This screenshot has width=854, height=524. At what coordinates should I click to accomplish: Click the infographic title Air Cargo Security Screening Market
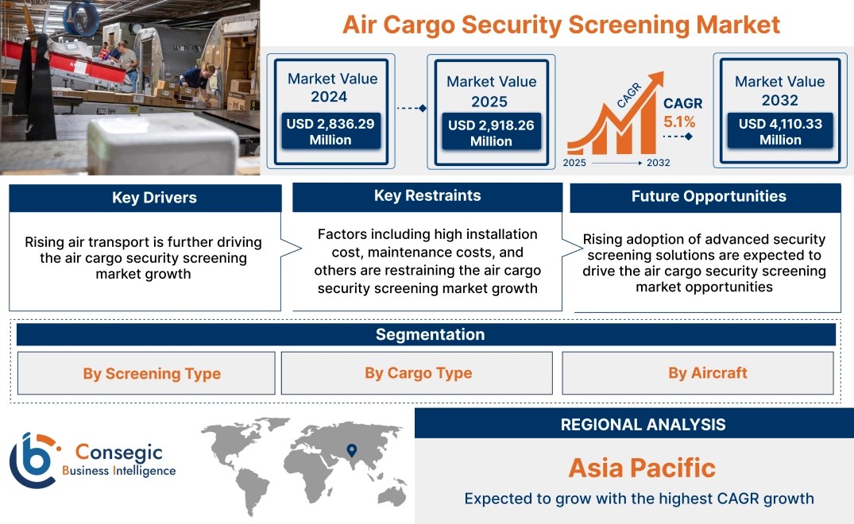tap(561, 25)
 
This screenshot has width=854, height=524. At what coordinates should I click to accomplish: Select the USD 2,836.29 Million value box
tap(330, 131)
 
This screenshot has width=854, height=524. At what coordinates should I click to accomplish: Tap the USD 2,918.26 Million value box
tap(491, 132)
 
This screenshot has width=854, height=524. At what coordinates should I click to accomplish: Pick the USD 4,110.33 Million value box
tap(780, 131)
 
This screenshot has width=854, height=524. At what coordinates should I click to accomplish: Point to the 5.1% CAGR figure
tap(679, 122)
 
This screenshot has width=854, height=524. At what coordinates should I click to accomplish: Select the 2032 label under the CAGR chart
tap(658, 163)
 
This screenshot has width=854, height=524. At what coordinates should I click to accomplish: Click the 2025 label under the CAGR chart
tap(574, 163)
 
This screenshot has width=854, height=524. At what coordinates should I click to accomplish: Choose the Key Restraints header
tap(427, 196)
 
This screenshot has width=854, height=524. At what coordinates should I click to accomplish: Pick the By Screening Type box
tap(146, 373)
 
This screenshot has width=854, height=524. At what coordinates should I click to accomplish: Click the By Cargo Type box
tap(416, 373)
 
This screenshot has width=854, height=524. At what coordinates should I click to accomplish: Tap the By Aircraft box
tap(697, 373)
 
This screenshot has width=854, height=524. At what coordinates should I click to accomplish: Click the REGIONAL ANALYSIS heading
tap(643, 425)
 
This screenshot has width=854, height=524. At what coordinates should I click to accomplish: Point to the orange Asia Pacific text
tap(642, 468)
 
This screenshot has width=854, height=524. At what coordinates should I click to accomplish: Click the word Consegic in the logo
tap(119, 453)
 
